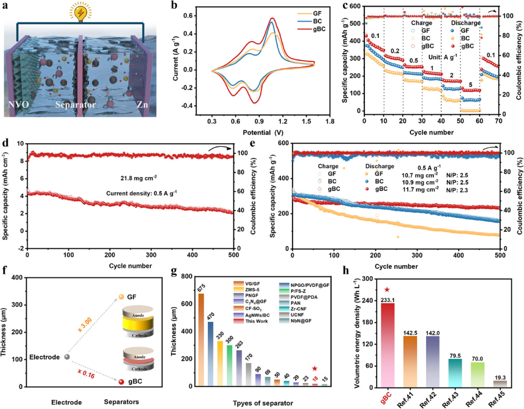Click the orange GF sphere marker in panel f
pos(122,297)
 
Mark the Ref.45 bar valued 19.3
pos(500,383)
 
